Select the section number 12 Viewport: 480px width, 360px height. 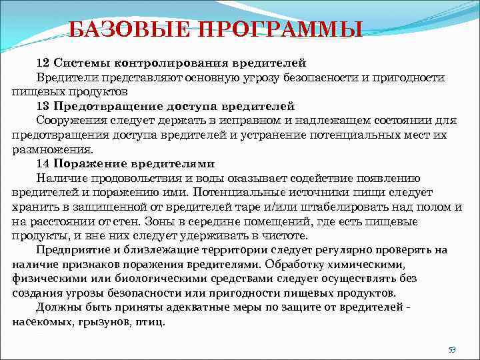[43, 63]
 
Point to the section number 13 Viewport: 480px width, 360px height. [43, 106]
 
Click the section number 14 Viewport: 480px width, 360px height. [43, 164]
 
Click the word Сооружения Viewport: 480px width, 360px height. [71, 121]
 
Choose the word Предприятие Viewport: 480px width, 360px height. [73, 250]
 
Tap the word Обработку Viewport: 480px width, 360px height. [294, 264]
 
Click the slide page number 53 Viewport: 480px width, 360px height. [451, 350]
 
